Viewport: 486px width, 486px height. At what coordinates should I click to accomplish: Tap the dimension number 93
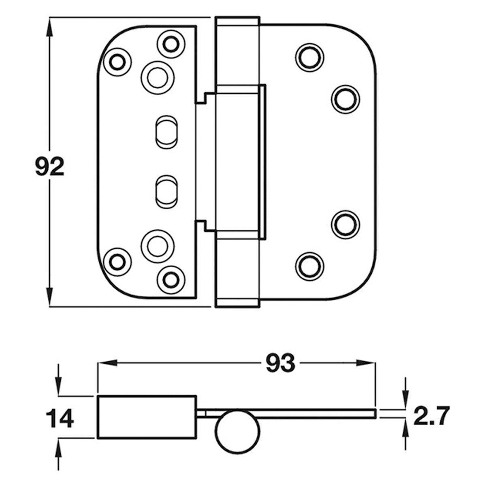pyautogui.click(x=280, y=363)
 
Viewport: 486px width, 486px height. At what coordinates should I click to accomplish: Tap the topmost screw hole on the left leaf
pyautogui.click(x=170, y=43)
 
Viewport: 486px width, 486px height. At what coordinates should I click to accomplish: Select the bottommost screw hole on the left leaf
pyautogui.click(x=170, y=278)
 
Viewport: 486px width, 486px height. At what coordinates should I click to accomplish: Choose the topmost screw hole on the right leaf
pyautogui.click(x=310, y=56)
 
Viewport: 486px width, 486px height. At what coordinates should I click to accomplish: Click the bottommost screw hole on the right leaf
pyautogui.click(x=310, y=265)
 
